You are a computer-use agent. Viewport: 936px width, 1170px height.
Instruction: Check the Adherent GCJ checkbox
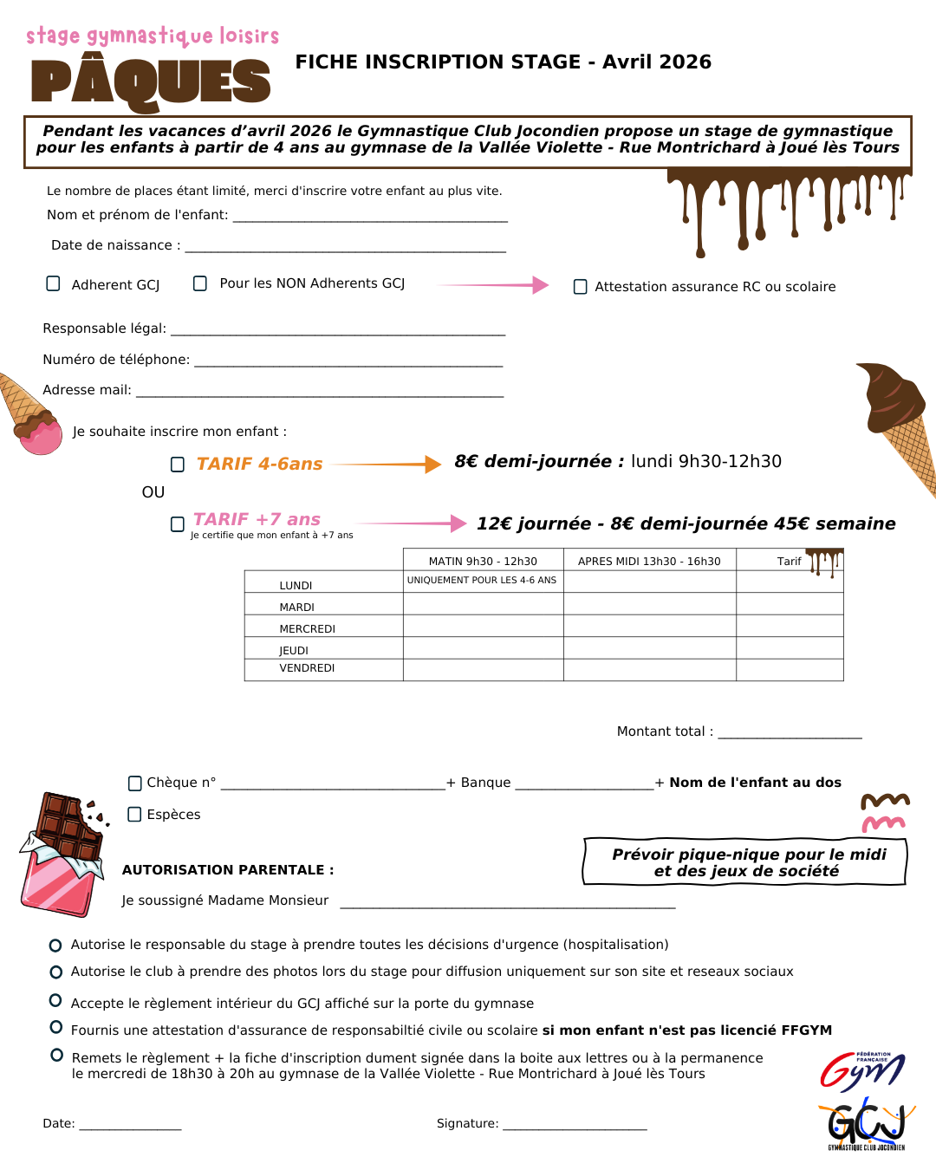(53, 283)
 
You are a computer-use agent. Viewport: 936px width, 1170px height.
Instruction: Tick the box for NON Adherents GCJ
(200, 283)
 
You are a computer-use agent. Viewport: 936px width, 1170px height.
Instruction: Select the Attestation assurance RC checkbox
(581, 287)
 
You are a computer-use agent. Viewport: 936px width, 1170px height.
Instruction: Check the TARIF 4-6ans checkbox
(178, 465)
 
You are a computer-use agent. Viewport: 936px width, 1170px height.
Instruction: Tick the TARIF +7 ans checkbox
(178, 523)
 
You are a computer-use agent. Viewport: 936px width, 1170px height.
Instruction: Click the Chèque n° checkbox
(135, 783)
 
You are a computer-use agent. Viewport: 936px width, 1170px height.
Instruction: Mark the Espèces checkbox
(134, 815)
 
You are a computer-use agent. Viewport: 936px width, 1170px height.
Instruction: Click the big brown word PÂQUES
(151, 82)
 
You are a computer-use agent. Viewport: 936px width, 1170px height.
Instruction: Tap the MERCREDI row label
(307, 629)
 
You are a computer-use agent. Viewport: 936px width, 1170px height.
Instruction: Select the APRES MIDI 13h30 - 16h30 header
(649, 562)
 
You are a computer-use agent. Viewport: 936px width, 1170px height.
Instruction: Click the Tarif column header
(789, 562)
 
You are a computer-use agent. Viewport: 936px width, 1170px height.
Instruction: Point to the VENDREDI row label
(307, 668)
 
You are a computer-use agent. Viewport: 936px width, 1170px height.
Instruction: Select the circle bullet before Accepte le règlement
(55, 1001)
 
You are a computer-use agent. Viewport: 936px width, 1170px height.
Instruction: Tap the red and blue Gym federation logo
(862, 1070)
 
